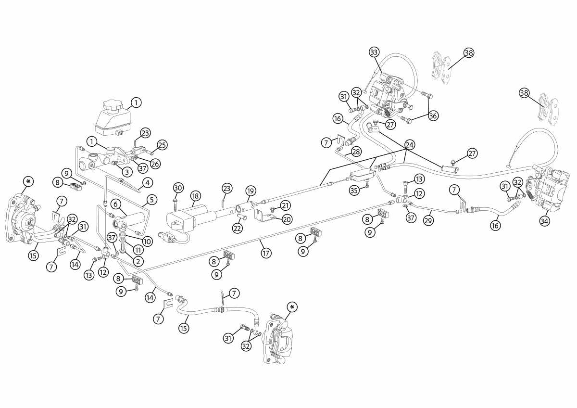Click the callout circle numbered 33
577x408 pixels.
[x=374, y=51]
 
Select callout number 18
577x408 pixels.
[x=195, y=196]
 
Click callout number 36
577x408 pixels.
[x=433, y=115]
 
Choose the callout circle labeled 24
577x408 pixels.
[x=409, y=144]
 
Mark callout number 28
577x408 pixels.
[x=355, y=152]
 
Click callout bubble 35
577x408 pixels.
[x=354, y=191]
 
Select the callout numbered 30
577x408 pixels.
[x=178, y=187]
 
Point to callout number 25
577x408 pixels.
[x=162, y=144]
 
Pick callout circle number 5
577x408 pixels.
[x=152, y=199]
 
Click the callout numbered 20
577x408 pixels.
[x=287, y=219]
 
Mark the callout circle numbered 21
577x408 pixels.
[x=286, y=205]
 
